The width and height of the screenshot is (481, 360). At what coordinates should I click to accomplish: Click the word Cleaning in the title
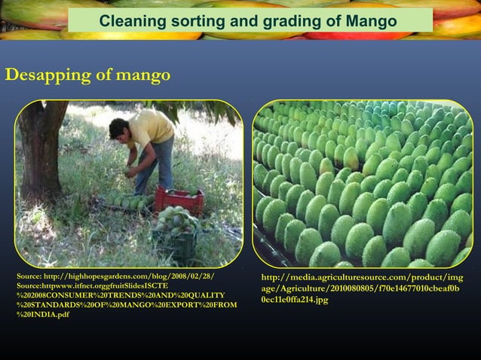(128, 20)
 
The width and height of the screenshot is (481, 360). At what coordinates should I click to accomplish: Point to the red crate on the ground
(179, 200)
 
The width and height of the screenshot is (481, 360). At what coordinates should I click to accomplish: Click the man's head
(119, 129)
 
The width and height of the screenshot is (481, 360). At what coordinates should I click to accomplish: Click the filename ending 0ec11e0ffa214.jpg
(295, 299)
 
